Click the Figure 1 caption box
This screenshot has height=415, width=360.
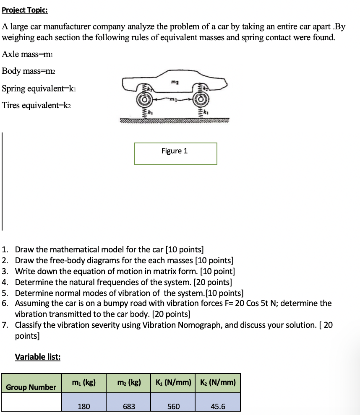[x=175, y=153]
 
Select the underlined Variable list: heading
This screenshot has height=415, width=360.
[x=38, y=357]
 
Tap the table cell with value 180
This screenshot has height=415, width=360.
[x=84, y=406]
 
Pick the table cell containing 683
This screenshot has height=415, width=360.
[x=128, y=406]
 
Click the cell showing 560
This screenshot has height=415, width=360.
[x=173, y=406]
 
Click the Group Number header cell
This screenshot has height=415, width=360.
[x=31, y=386]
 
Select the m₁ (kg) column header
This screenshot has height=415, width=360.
[x=84, y=382]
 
